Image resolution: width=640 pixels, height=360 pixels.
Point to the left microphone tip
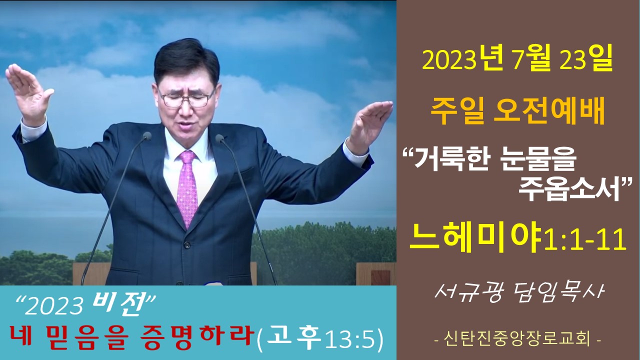147,135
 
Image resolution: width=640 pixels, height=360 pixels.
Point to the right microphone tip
219,138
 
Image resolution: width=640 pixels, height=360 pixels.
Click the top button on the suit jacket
187,245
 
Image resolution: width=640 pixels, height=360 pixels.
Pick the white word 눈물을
537,160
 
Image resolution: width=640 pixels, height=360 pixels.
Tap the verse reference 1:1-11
585,240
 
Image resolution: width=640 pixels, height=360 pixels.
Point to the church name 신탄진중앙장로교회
517,339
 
